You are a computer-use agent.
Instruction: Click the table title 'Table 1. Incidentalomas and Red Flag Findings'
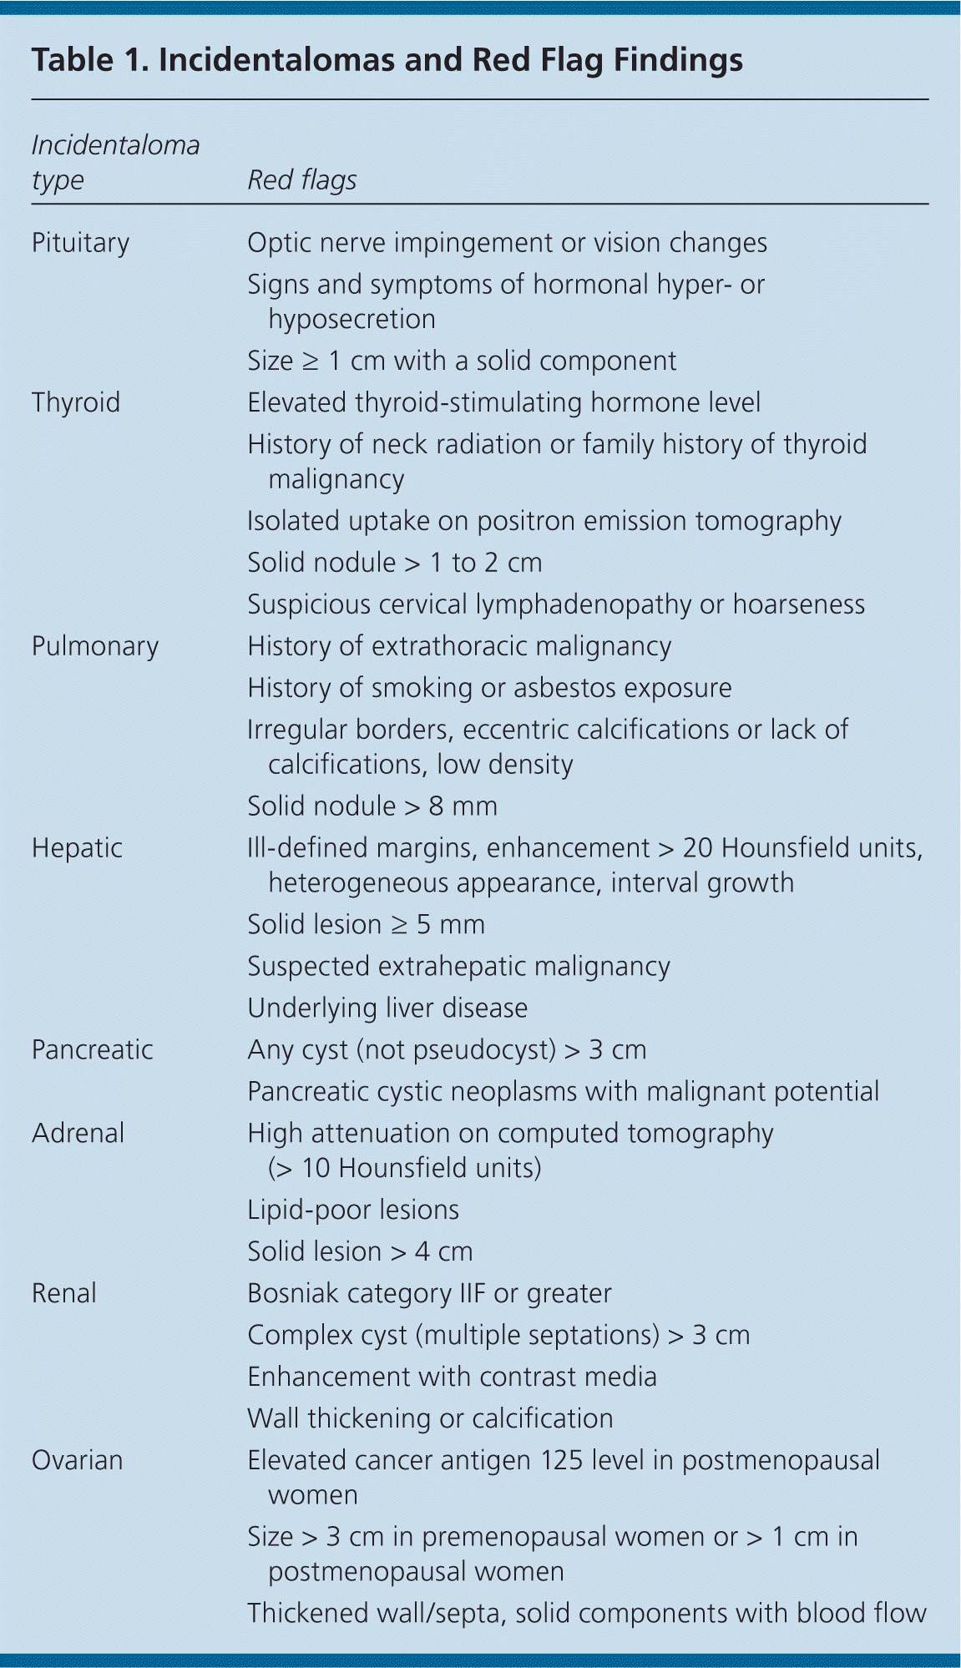pyautogui.click(x=387, y=61)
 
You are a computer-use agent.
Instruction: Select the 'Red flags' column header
pyautogui.click(x=301, y=180)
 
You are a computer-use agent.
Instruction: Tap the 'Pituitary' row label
pyautogui.click(x=80, y=243)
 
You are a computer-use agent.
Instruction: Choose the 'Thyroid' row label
pyautogui.click(x=76, y=402)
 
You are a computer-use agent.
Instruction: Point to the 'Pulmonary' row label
pyautogui.click(x=94, y=646)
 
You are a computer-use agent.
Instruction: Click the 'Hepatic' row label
pyautogui.click(x=77, y=848)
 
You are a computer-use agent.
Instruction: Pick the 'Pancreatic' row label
pyautogui.click(x=92, y=1049)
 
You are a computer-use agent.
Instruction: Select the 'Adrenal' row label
pyautogui.click(x=78, y=1133)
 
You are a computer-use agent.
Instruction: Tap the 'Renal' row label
pyautogui.click(x=63, y=1293)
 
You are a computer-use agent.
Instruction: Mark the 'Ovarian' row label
pyautogui.click(x=77, y=1460)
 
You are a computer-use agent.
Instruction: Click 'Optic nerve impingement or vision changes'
pyautogui.click(x=507, y=243)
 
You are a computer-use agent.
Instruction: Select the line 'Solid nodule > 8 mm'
pyautogui.click(x=372, y=806)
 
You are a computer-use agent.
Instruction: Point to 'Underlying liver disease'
pyautogui.click(x=387, y=1008)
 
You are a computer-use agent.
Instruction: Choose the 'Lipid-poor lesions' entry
pyautogui.click(x=353, y=1210)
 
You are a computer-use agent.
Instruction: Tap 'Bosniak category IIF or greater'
pyautogui.click(x=429, y=1293)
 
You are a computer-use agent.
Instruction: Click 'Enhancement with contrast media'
pyautogui.click(x=452, y=1377)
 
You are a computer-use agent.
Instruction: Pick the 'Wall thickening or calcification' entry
pyautogui.click(x=430, y=1418)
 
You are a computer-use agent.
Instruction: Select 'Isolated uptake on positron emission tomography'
pyautogui.click(x=544, y=521)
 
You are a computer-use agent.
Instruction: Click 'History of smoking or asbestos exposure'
pyautogui.click(x=489, y=688)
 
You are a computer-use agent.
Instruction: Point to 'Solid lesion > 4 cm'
pyautogui.click(x=360, y=1251)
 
